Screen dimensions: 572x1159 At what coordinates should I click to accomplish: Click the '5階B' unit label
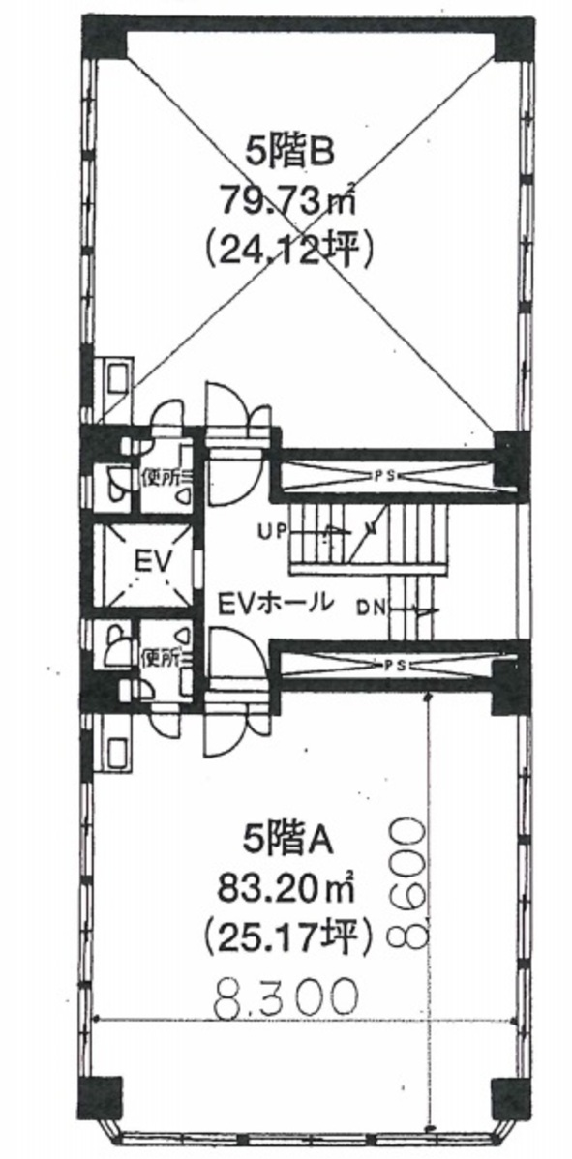[x=291, y=154]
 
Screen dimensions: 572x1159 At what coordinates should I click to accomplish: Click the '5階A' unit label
[x=290, y=841]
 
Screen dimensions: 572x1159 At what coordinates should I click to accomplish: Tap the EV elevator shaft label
[x=153, y=562]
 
